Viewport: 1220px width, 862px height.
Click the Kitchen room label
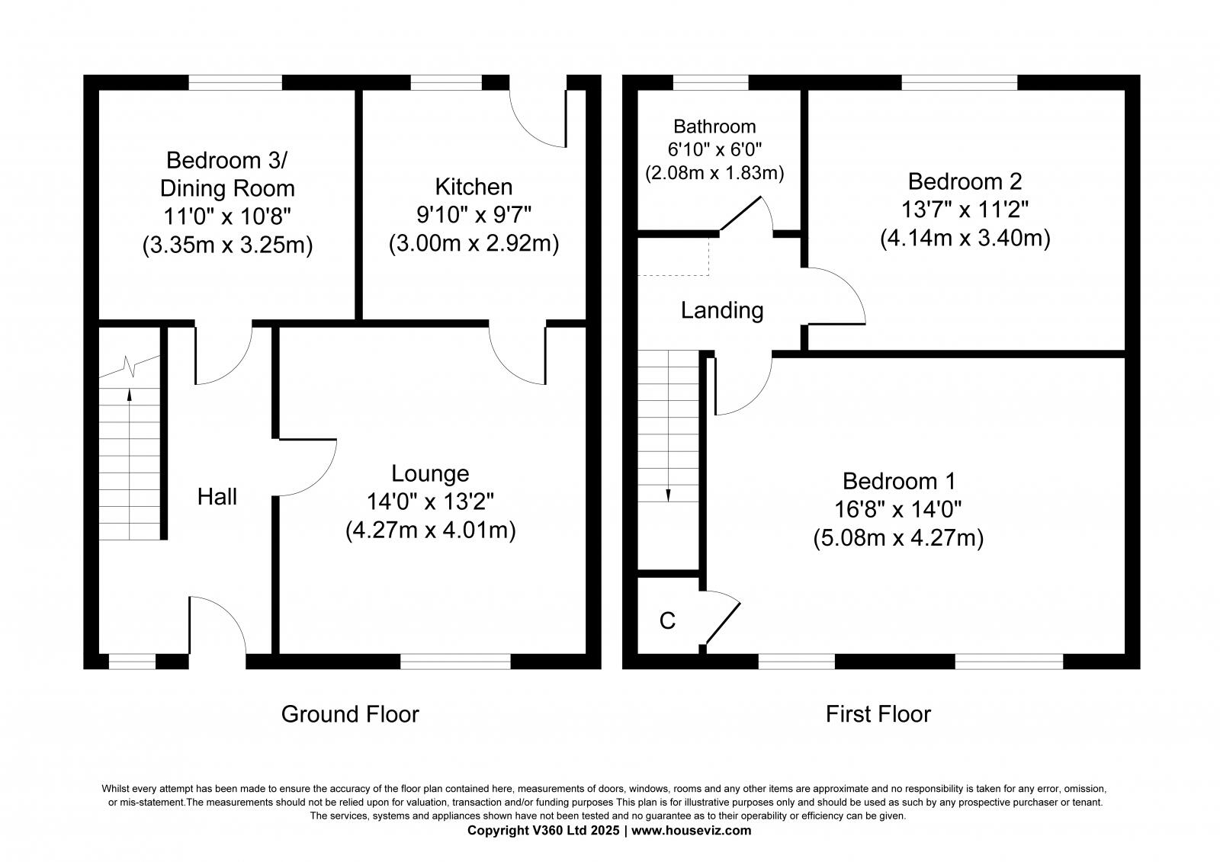474,187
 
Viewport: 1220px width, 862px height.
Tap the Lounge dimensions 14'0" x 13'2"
430,502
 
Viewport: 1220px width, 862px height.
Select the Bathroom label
714,127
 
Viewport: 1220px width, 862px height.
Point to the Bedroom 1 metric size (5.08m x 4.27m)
898,539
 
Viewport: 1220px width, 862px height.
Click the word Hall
217,498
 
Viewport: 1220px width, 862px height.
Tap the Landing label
722,311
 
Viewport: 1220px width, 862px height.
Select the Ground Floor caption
350,714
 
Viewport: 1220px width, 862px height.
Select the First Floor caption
878,714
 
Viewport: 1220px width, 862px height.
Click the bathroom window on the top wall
711,82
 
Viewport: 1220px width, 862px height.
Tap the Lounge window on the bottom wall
455,662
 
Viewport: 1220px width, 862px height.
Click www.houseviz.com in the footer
691,831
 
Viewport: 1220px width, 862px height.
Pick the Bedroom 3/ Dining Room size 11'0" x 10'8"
227,217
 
